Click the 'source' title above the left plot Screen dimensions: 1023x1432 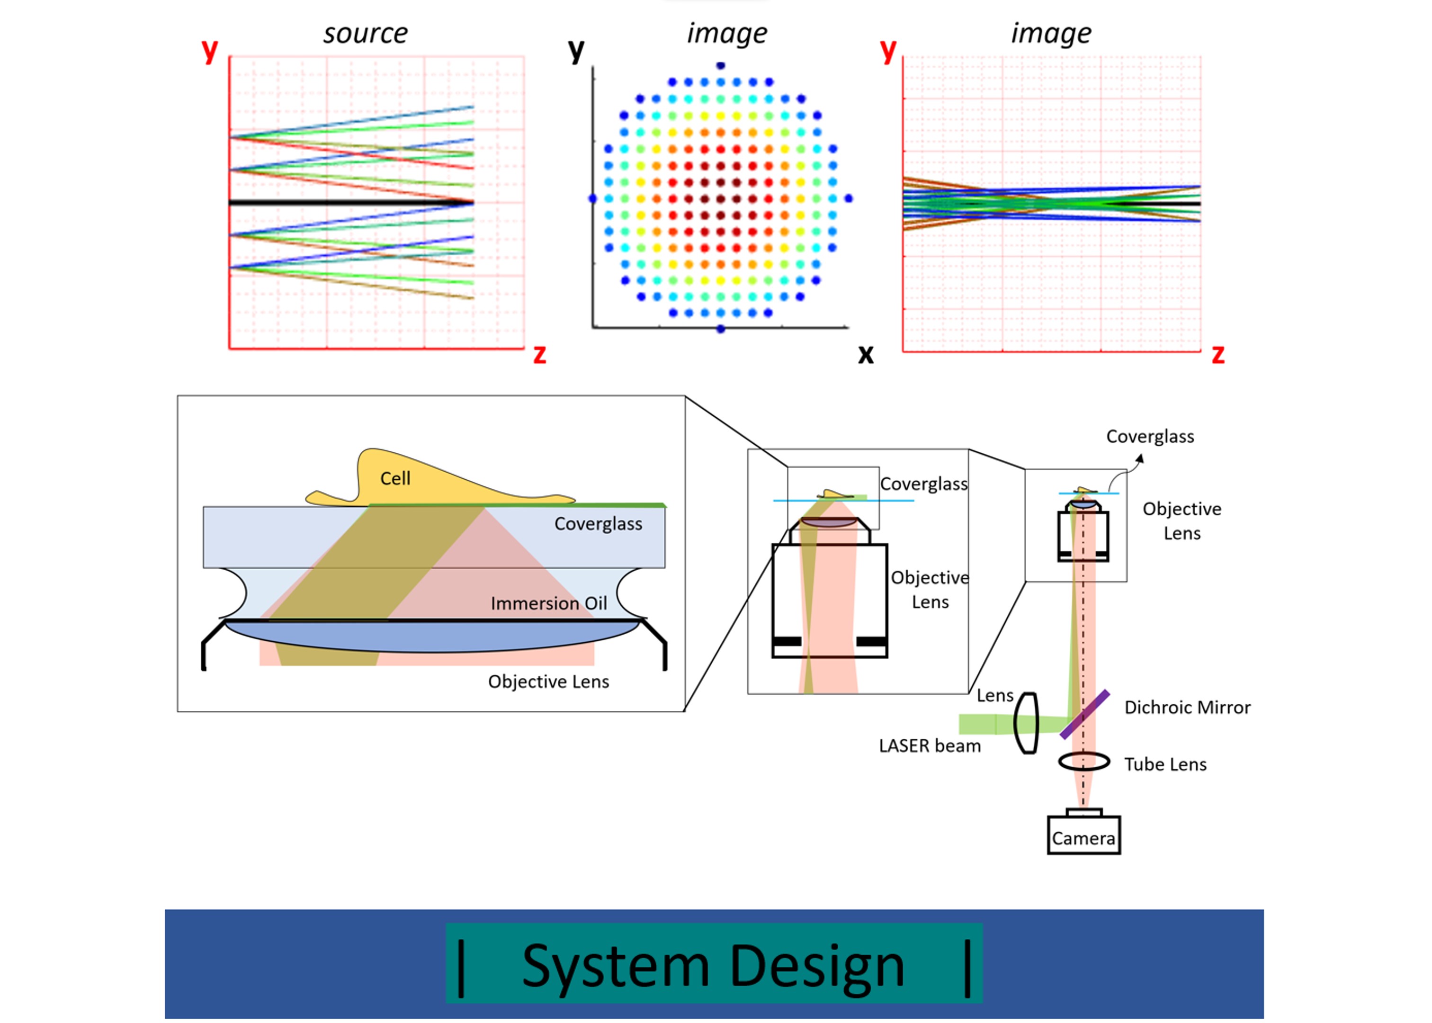365,33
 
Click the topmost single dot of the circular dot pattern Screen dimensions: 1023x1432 720,65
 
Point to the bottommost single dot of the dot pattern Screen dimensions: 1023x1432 720,329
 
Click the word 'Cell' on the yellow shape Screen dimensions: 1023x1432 395,479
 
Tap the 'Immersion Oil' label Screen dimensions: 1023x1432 548,603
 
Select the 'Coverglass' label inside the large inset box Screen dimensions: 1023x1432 598,524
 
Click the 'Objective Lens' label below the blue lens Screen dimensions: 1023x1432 548,682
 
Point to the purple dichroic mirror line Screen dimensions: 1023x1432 1084,714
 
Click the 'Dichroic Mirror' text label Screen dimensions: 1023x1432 1187,708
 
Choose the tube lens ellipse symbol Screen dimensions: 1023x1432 1084,762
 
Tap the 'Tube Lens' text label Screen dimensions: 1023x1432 1165,764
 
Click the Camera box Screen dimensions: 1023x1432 1083,835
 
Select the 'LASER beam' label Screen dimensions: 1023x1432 930,746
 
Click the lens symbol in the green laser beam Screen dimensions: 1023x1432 1027,723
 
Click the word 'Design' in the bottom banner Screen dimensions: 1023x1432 817,966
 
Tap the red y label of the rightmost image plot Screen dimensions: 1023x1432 888,50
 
